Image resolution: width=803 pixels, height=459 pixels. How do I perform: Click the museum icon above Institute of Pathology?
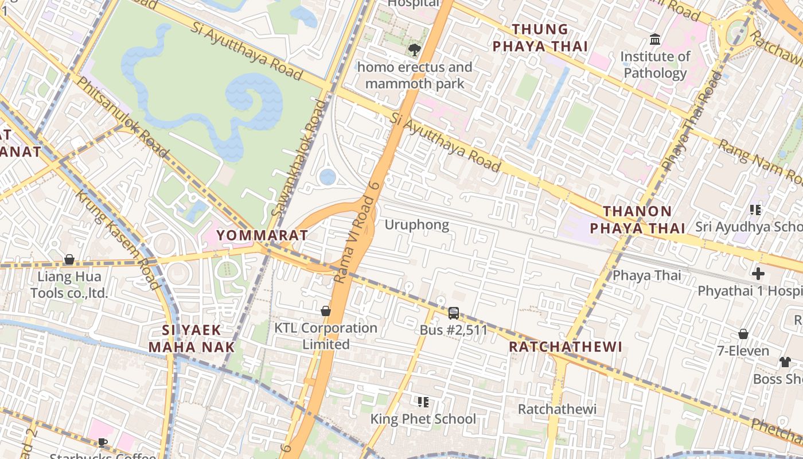tap(654, 40)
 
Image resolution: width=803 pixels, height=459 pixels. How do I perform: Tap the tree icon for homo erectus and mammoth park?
tap(414, 50)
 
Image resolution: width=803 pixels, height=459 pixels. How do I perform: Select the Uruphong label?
tap(416, 224)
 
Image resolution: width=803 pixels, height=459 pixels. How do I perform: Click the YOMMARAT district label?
tap(262, 235)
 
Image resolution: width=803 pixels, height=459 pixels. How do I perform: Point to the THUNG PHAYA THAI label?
tap(540, 38)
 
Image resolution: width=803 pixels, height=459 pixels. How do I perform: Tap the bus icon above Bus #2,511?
tap(453, 313)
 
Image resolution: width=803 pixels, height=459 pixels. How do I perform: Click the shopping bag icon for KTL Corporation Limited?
tap(326, 311)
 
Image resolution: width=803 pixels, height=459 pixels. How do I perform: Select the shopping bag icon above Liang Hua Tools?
tap(69, 260)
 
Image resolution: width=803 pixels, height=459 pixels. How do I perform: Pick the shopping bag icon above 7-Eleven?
tap(743, 334)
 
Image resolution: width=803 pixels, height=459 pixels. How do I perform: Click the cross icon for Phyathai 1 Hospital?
tap(758, 274)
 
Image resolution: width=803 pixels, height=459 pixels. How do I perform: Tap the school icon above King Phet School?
tap(423, 402)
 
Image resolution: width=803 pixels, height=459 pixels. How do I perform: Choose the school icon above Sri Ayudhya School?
tap(755, 210)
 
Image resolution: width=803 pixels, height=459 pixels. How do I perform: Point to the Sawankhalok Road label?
tap(299, 159)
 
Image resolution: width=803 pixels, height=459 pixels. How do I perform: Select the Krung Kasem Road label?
tap(118, 239)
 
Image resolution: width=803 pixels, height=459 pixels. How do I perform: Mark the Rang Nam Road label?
tap(759, 162)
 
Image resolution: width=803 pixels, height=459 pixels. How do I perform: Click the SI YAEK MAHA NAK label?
tap(192, 339)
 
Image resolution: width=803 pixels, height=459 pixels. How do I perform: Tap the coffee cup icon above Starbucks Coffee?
tap(102, 442)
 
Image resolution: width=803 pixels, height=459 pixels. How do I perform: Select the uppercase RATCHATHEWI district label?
tap(566, 347)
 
